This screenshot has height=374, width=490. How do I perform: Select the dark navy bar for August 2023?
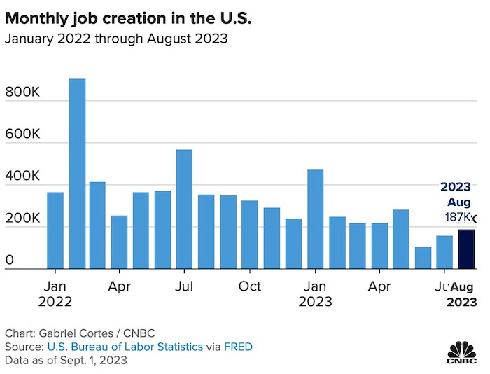466,249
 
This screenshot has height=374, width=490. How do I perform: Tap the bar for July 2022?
185,209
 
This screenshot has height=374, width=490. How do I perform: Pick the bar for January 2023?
315,219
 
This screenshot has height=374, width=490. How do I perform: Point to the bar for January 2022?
55,230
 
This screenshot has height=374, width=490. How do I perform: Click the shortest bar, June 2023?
423,258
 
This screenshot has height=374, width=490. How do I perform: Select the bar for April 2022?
120,242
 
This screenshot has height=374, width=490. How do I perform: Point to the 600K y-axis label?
24,134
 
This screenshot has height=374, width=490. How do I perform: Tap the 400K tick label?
24,176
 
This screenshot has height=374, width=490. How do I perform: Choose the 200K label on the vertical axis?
24,219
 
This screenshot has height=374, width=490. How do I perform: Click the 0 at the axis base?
10,261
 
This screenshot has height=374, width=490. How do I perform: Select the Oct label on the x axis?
250,286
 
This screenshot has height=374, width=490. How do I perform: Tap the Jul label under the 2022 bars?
185,286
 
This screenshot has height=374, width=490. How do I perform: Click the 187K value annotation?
458,218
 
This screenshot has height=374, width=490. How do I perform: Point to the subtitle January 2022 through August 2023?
116,39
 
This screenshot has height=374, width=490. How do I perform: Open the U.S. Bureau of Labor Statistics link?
125,347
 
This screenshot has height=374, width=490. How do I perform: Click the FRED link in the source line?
239,347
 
